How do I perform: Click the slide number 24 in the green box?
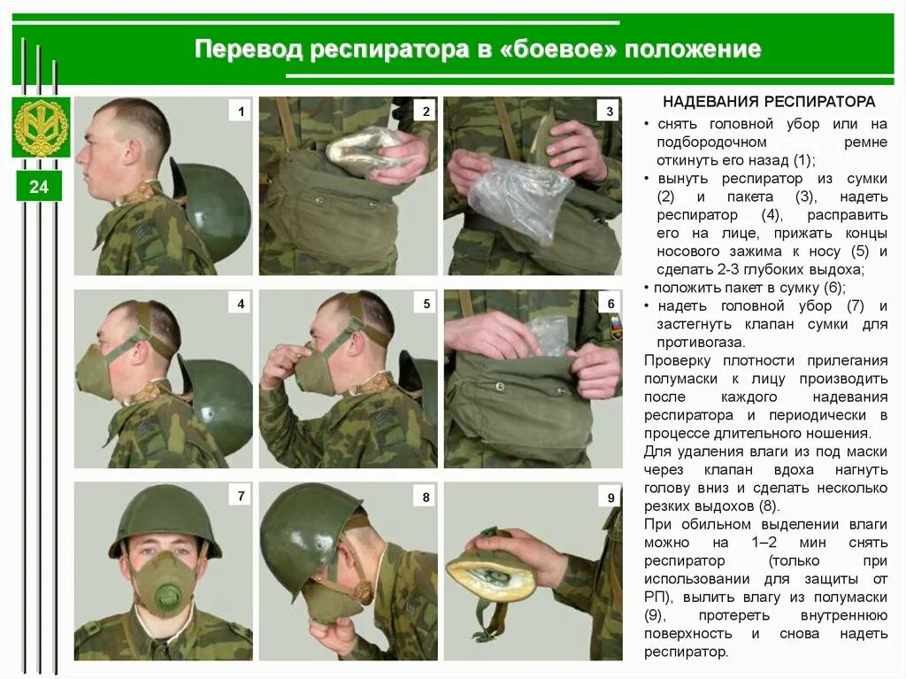click(39, 187)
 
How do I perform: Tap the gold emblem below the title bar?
click(41, 127)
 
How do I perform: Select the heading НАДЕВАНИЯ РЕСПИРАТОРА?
click(769, 102)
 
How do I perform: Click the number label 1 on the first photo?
click(241, 111)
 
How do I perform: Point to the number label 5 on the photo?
click(426, 304)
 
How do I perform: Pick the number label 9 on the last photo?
click(610, 498)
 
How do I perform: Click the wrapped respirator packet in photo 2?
click(365, 148)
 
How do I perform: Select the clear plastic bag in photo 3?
click(516, 194)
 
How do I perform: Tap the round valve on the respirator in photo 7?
click(167, 595)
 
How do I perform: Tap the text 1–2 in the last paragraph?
click(764, 543)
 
